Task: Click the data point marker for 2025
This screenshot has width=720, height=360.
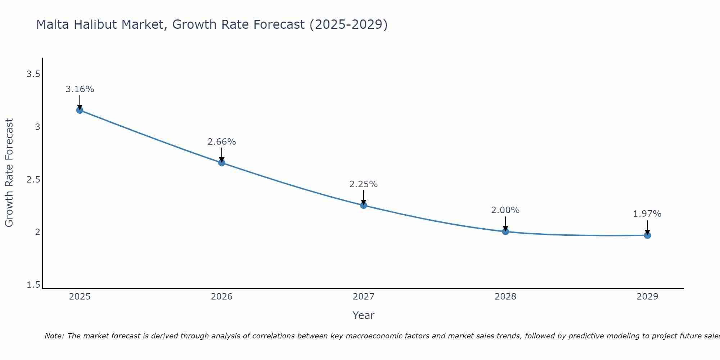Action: [80, 110]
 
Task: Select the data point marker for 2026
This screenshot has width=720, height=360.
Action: [221, 163]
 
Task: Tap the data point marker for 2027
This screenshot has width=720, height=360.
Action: [363, 205]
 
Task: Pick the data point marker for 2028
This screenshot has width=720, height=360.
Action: [505, 231]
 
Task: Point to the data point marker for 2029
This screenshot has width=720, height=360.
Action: [647, 235]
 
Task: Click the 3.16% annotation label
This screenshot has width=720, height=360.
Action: [80, 89]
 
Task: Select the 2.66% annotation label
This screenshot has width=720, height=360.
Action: [221, 142]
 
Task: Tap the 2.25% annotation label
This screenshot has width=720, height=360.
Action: [363, 184]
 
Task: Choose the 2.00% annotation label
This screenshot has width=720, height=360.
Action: [505, 210]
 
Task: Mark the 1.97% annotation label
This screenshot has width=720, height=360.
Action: [647, 214]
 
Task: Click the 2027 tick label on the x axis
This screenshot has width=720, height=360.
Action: [363, 297]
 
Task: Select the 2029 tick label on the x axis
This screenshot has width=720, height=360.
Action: [647, 297]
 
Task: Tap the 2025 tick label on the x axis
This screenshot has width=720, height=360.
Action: [80, 297]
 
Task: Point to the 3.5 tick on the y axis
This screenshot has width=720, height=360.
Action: [33, 74]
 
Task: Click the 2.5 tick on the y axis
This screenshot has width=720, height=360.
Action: [33, 180]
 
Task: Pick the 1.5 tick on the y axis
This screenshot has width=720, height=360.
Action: [33, 285]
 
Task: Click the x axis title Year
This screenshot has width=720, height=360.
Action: [363, 315]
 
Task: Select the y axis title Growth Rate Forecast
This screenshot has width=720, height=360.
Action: [9, 173]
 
